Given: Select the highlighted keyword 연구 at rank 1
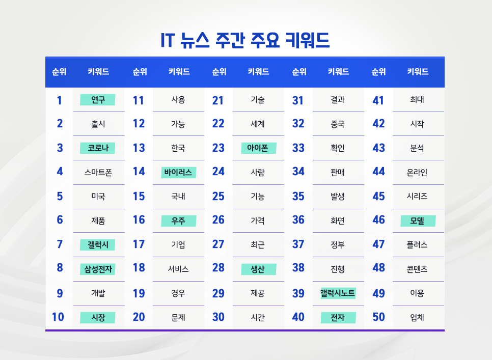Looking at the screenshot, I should click(98, 100).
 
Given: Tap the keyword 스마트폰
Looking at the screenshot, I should click(98, 172).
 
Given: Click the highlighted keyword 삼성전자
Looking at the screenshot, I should click(98, 269).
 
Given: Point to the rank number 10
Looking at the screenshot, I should click(58, 317).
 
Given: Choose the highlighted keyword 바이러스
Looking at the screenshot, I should click(178, 172).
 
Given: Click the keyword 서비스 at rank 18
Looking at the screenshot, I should click(178, 269).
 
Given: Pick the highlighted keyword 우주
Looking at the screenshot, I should click(178, 221).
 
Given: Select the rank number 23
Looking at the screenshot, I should click(218, 148).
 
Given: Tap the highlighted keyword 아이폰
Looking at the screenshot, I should click(258, 148).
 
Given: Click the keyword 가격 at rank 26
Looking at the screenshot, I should click(258, 221).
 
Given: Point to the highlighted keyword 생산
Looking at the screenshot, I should click(258, 269).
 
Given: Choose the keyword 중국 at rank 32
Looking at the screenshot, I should click(338, 124).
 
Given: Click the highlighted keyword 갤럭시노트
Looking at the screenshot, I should click(338, 293).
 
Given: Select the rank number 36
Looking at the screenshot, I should click(298, 220).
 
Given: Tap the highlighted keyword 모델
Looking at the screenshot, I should click(418, 221).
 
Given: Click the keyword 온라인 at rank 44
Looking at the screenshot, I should click(418, 172).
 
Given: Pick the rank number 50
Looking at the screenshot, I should click(378, 317).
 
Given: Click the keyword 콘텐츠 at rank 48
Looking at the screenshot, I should click(418, 269).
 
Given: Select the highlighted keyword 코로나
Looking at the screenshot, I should click(98, 148).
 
